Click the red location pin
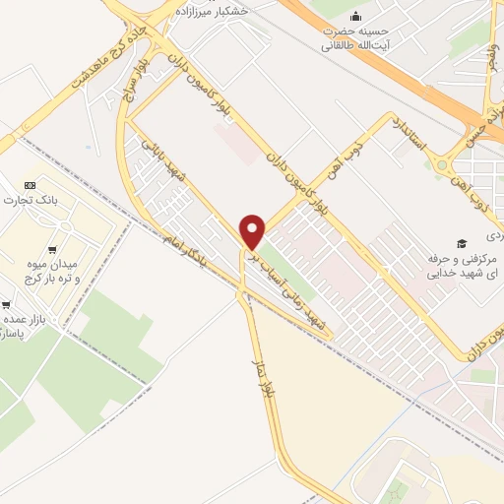pos(253,231)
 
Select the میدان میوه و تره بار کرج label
pos(49,274)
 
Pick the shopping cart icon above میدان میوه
pos(50,249)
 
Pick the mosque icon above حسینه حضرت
pos(355,17)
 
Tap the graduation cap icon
pos(461,243)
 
